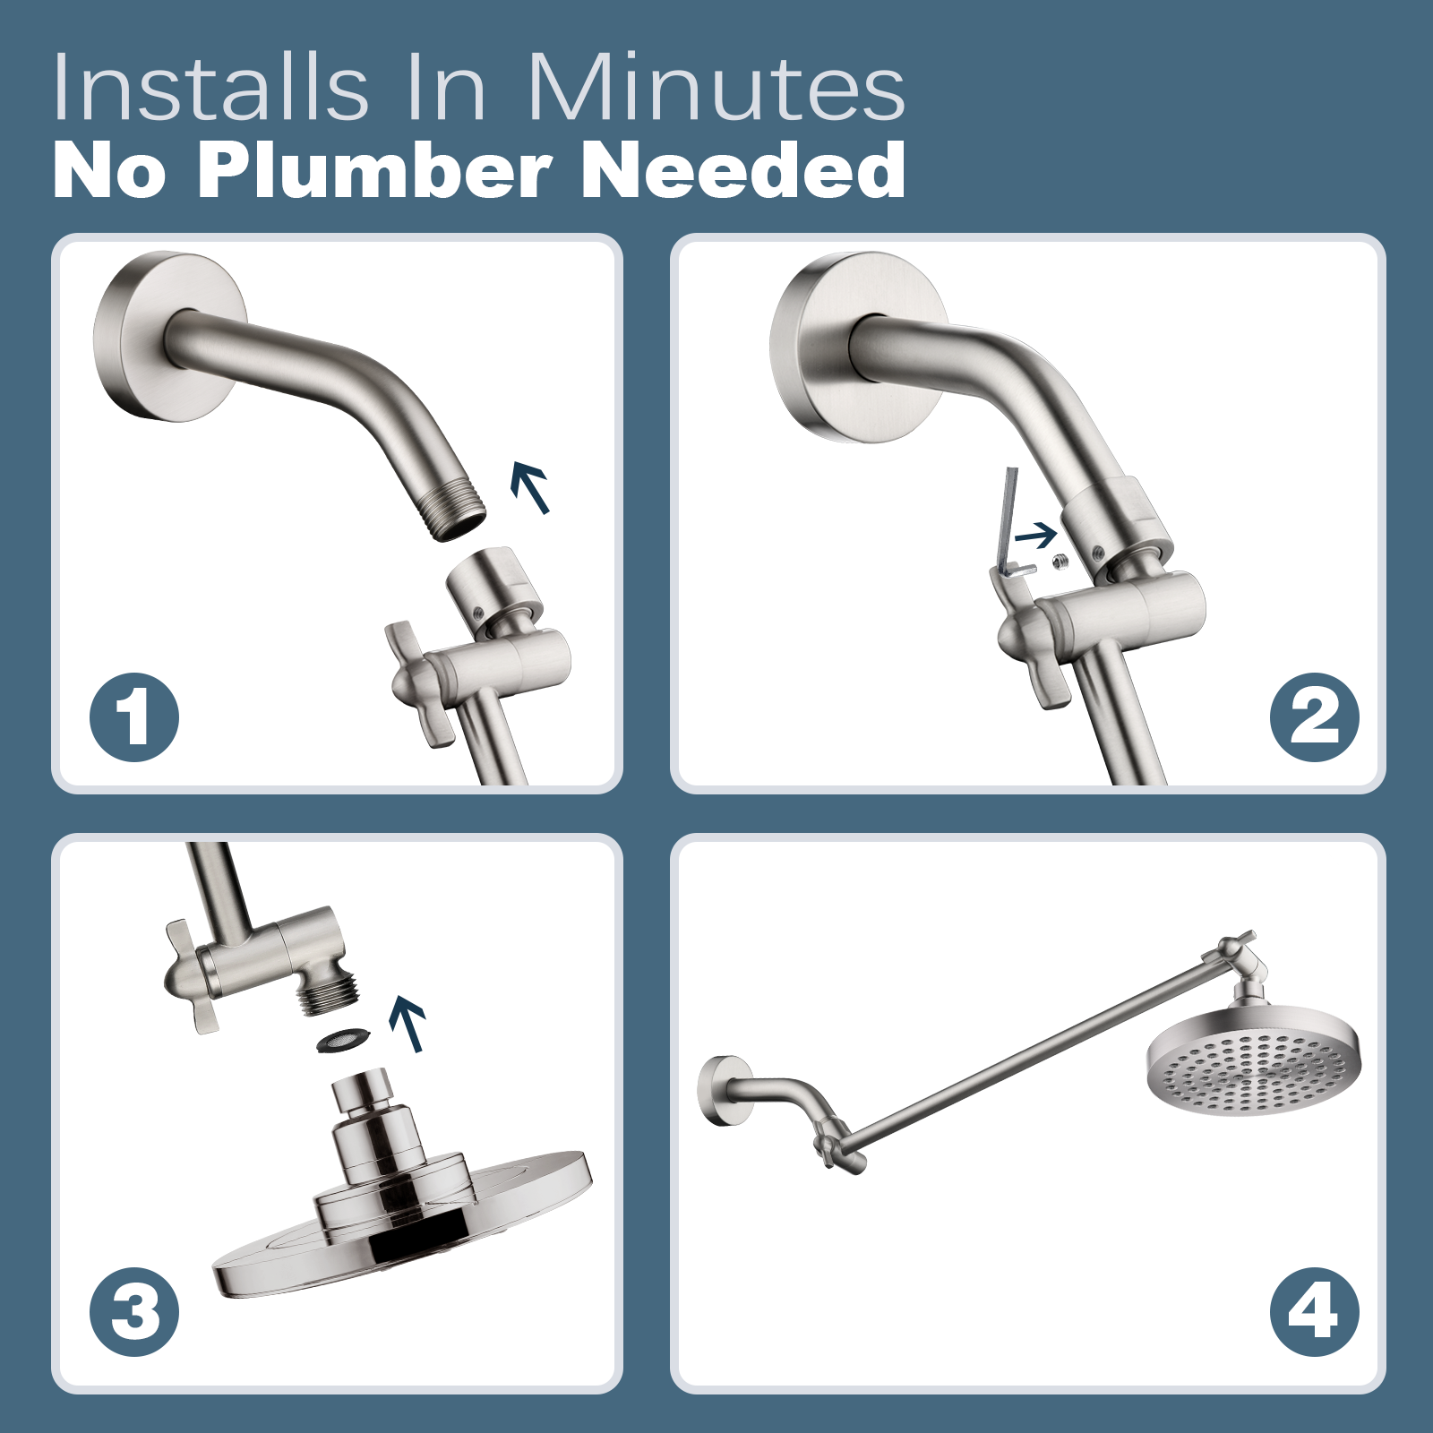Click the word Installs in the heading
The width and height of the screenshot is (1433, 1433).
pos(210,88)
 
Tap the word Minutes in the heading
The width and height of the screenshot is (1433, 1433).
pos(715,88)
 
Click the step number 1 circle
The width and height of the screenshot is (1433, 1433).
pos(134,717)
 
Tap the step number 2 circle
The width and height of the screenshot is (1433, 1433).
pos(1314,717)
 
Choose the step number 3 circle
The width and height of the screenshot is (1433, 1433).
pos(134,1312)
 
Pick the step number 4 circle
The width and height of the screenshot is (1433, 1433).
pos(1314,1312)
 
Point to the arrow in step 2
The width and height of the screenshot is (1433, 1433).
pos(1036,536)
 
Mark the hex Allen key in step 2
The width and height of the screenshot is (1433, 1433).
pos(1012,524)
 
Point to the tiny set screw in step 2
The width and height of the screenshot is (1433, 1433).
pos(1061,562)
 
